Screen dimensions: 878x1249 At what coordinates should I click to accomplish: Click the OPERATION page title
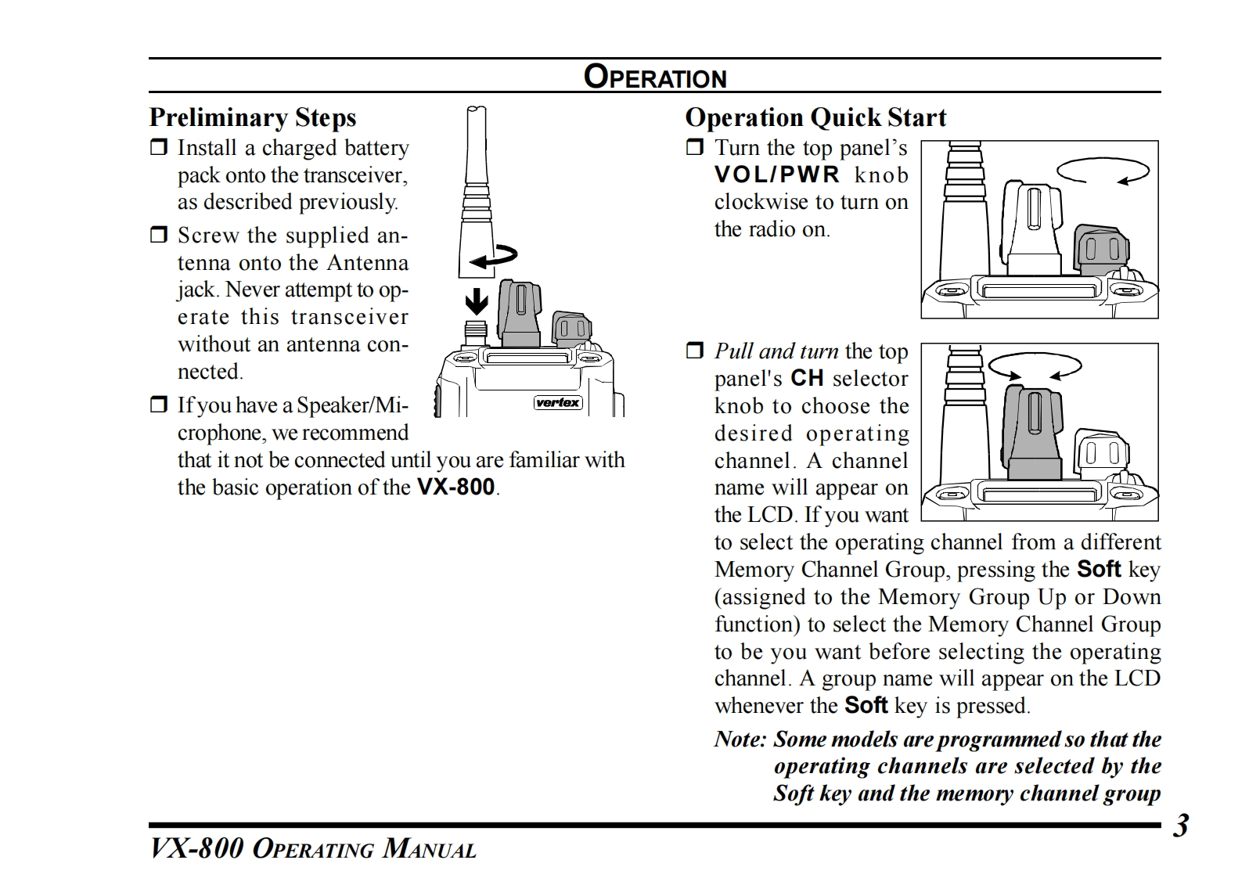tap(655, 77)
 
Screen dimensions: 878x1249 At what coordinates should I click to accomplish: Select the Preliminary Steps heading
tap(252, 117)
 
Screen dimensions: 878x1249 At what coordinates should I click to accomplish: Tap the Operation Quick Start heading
tap(815, 117)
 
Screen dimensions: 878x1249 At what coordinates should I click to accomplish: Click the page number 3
tap(1180, 826)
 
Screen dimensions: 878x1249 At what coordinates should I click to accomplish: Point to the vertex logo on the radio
tap(558, 403)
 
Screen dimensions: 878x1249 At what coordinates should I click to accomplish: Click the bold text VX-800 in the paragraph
tap(455, 488)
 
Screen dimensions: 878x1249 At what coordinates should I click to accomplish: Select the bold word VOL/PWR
tap(776, 175)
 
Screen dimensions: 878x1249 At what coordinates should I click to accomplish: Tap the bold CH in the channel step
tap(807, 379)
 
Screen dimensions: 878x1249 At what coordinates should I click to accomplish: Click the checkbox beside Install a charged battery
tap(159, 147)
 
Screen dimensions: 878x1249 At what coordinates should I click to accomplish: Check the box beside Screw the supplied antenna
tap(159, 235)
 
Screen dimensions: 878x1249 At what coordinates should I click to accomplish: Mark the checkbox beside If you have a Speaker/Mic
tap(159, 405)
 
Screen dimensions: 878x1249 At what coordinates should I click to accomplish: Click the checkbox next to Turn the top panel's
tap(695, 147)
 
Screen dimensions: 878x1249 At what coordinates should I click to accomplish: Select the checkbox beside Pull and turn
tap(695, 351)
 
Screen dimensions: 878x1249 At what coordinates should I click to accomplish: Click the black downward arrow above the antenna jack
tap(477, 301)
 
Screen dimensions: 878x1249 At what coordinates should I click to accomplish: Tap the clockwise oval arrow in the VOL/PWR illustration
tap(1102, 171)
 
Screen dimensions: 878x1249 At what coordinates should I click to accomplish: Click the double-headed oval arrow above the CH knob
tap(1035, 365)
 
